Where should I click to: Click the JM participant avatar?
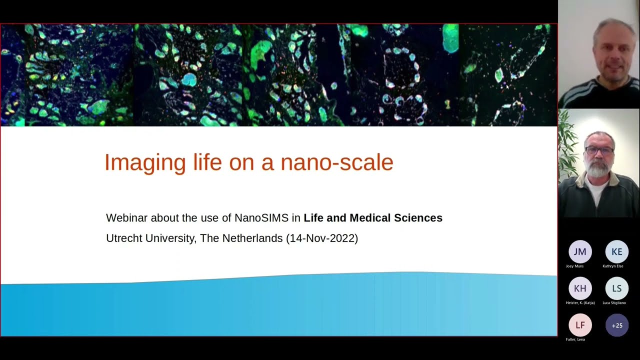(x=580, y=251)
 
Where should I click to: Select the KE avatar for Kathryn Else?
(x=616, y=251)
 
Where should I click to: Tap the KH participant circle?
(x=580, y=288)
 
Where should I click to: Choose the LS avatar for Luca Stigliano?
(x=616, y=288)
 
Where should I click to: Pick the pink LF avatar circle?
(x=580, y=325)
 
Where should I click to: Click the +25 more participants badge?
(x=616, y=325)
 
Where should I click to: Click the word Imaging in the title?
(x=144, y=163)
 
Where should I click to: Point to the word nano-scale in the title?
(x=336, y=163)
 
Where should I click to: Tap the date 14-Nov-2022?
(x=322, y=238)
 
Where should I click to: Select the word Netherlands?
(x=252, y=238)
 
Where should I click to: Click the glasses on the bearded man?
(x=599, y=150)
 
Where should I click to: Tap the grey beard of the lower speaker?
(x=598, y=169)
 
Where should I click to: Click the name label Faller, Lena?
(x=575, y=339)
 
